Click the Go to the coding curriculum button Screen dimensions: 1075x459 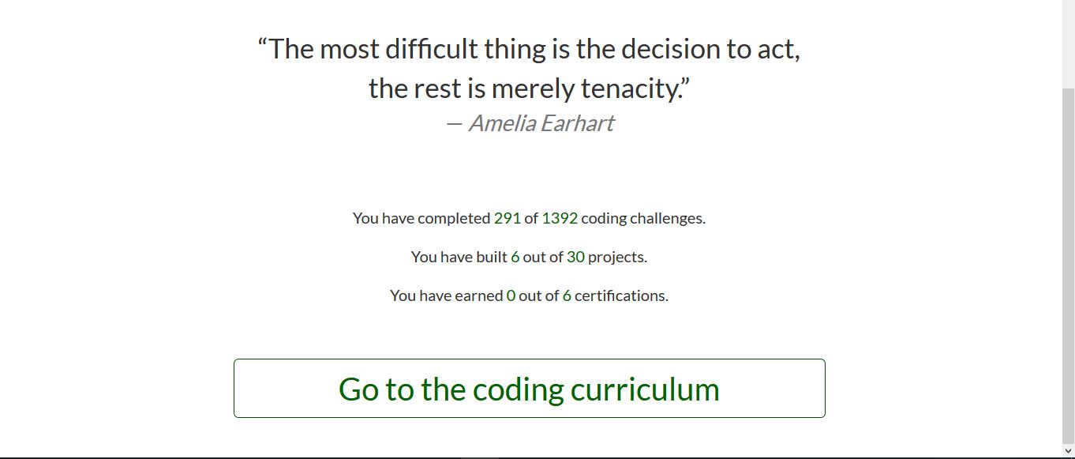click(x=530, y=388)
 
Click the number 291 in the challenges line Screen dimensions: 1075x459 click(x=508, y=219)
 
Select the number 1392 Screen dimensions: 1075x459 click(x=560, y=219)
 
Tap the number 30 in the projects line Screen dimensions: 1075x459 click(x=575, y=257)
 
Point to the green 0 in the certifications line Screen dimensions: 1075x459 click(x=511, y=295)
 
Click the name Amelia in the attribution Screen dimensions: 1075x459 click(x=503, y=123)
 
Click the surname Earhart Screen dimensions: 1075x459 click(x=577, y=123)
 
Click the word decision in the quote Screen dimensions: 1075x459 click(x=670, y=49)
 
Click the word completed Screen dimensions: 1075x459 click(x=454, y=219)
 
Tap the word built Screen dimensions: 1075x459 click(x=492, y=257)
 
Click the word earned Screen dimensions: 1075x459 click(x=478, y=295)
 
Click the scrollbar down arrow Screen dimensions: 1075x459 click(x=1068, y=451)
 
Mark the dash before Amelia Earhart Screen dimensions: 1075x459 click(x=454, y=124)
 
